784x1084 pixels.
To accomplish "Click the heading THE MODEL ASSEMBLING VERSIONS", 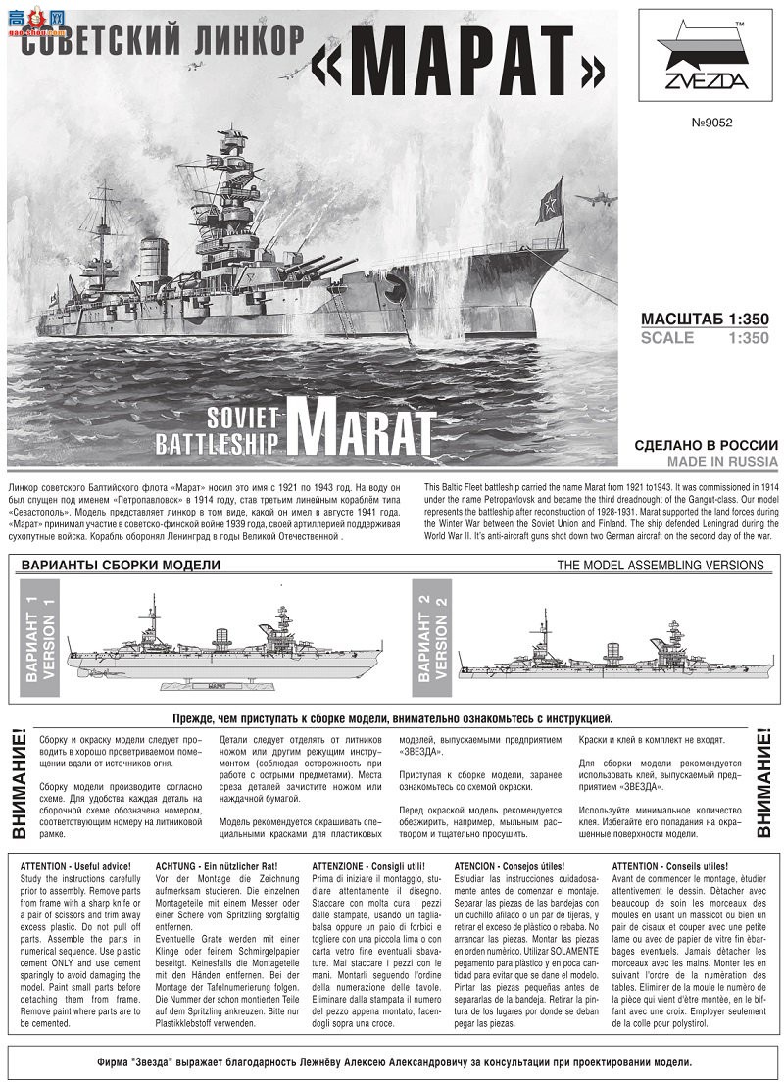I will [661, 565].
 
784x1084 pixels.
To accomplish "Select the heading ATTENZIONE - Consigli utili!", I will [368, 866].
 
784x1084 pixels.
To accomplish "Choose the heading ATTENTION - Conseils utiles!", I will [669, 866].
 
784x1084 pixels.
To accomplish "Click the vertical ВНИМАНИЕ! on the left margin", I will [19, 783].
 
